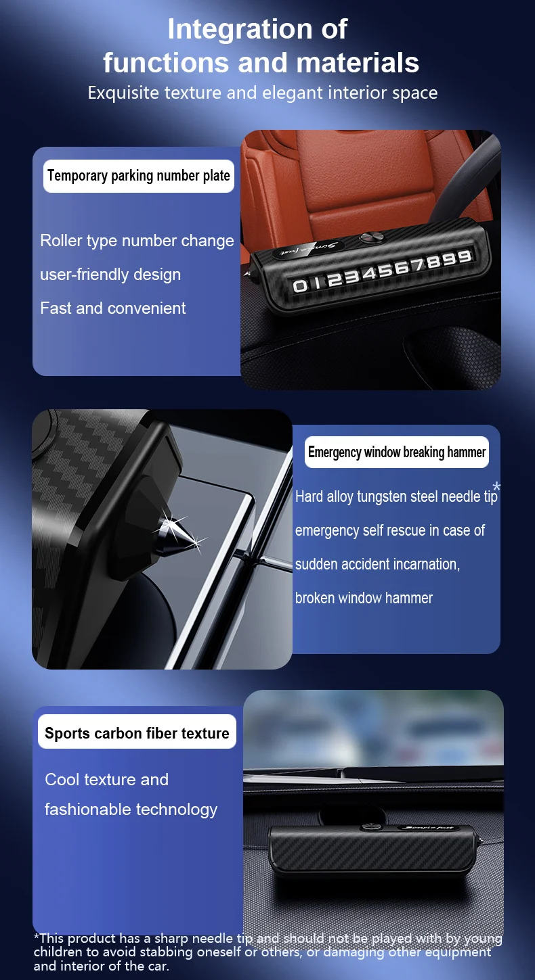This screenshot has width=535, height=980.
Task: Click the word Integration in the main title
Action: (x=239, y=30)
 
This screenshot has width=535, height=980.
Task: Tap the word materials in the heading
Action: (x=358, y=62)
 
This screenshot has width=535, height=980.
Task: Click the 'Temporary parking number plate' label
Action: (x=138, y=176)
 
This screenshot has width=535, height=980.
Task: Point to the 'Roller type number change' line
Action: (x=137, y=241)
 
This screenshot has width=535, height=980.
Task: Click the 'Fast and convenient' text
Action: (x=112, y=308)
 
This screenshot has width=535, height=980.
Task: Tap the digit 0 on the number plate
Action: (x=300, y=285)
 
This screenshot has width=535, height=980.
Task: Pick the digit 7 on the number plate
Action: (x=420, y=264)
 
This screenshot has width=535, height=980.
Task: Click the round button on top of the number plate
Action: (x=372, y=237)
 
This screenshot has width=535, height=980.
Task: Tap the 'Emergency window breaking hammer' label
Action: (x=397, y=452)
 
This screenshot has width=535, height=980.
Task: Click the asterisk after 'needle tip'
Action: (x=496, y=486)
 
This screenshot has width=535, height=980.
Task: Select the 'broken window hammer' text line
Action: (x=364, y=598)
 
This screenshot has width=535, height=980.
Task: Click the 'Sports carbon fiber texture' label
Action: (x=137, y=733)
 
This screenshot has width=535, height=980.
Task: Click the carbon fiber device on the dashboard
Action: (x=373, y=852)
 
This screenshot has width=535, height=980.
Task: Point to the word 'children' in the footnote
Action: (x=57, y=952)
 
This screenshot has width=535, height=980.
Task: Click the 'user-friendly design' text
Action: (x=110, y=275)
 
